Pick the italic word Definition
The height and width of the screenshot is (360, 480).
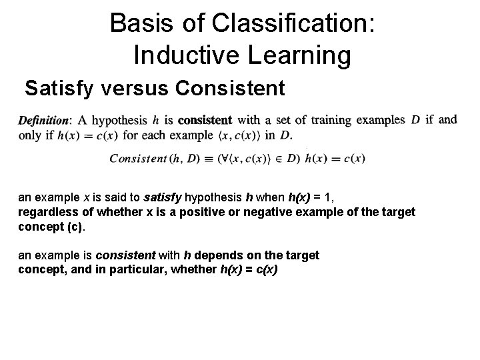pos(44,121)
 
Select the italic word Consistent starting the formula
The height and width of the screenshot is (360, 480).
pos(138,159)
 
